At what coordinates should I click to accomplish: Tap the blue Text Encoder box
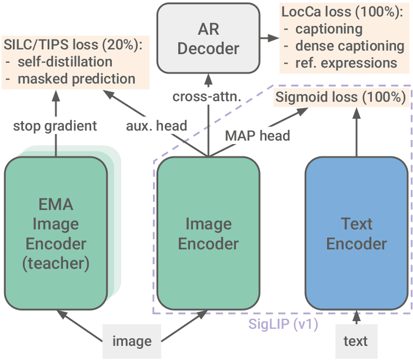click(x=357, y=233)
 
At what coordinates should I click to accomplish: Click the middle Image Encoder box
click(x=208, y=233)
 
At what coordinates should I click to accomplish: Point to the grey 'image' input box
click(x=132, y=341)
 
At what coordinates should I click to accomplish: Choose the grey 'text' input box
click(x=355, y=341)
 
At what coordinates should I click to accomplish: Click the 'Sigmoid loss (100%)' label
click(x=341, y=98)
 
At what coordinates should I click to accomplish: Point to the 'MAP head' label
click(x=258, y=135)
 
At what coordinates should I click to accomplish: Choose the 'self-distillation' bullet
click(x=74, y=61)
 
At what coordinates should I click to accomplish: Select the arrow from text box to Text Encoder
click(x=355, y=317)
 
